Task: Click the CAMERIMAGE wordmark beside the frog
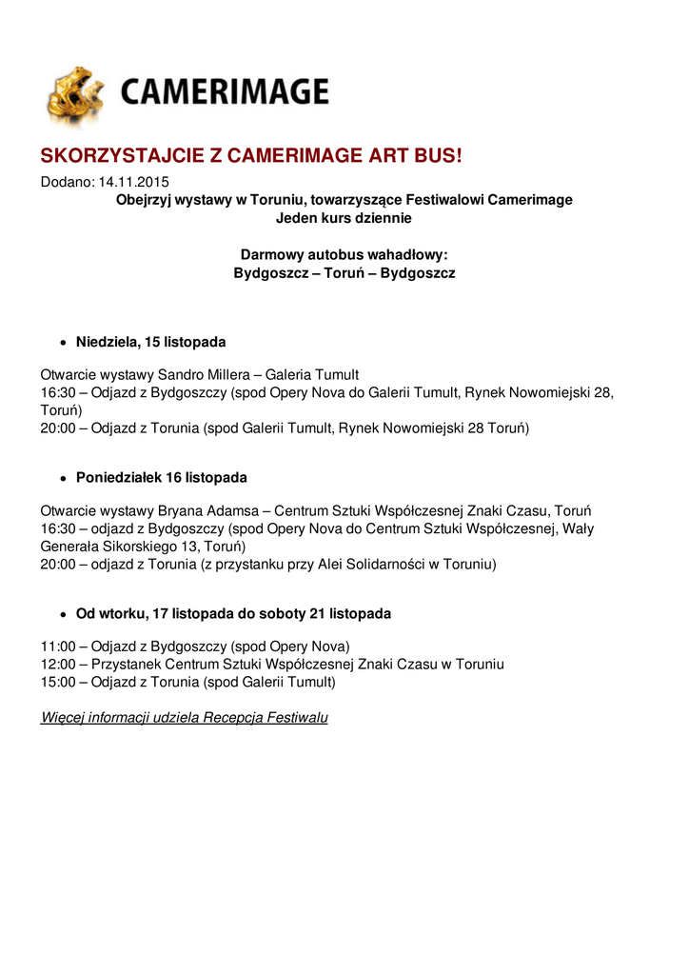point(224,92)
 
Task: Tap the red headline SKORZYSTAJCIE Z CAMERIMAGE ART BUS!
point(250,156)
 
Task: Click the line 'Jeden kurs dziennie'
point(344,218)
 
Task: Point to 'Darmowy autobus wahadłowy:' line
point(344,254)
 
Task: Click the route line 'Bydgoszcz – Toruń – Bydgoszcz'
point(344,273)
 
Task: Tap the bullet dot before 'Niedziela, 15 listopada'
point(63,342)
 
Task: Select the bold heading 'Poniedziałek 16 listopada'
point(162,477)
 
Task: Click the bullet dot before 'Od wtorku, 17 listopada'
point(63,614)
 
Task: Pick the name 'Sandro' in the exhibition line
point(181,374)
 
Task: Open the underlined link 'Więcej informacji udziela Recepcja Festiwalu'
point(184,717)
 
